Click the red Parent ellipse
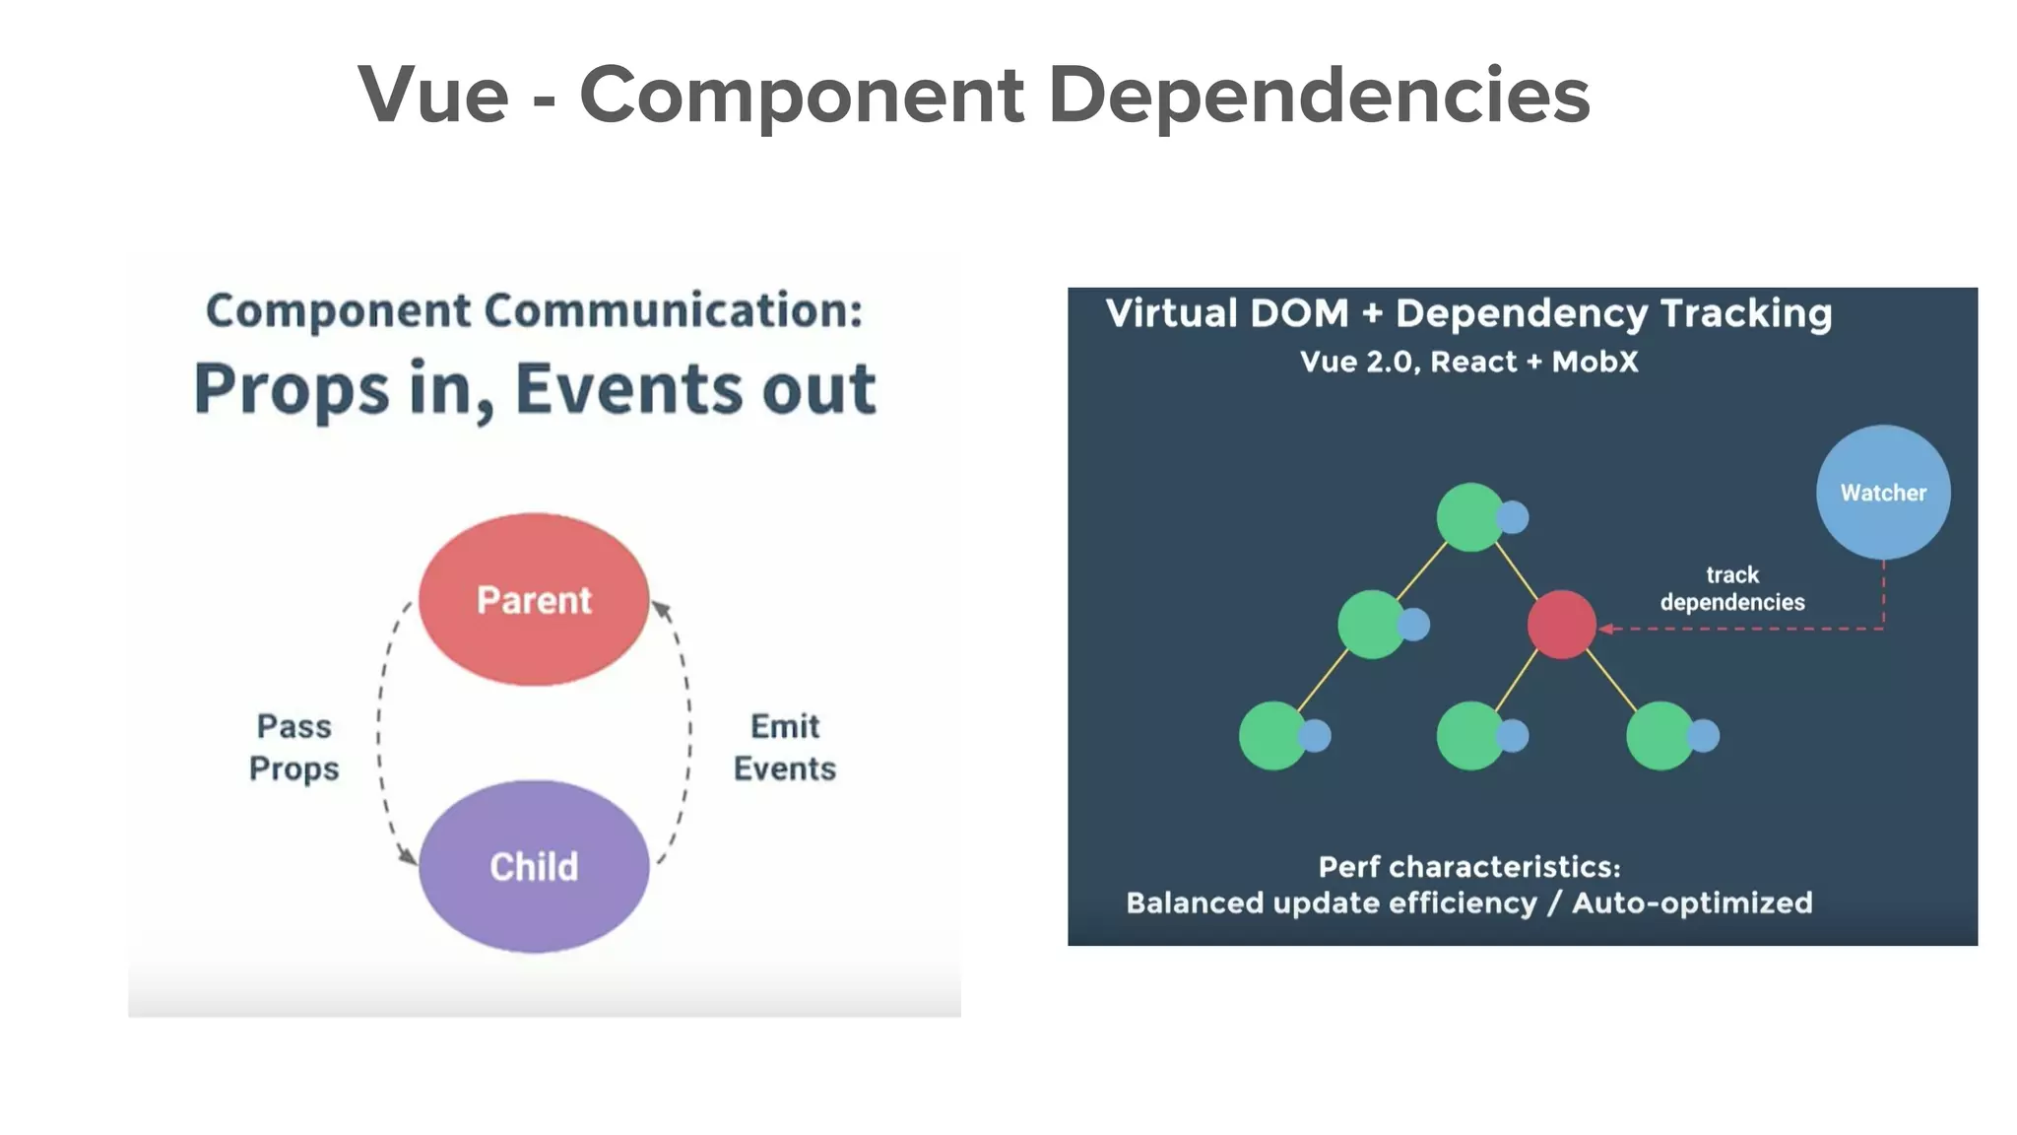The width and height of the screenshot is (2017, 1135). [x=533, y=599]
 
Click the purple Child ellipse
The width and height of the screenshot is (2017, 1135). [x=533, y=866]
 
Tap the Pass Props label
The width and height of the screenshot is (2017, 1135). [x=293, y=747]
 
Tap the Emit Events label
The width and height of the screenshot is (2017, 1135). [x=784, y=747]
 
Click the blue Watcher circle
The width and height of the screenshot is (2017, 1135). [x=1882, y=492]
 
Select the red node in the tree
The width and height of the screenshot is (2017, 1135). [x=1561, y=625]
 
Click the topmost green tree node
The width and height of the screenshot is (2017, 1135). [x=1469, y=516]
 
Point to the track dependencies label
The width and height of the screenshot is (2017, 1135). [x=1731, y=588]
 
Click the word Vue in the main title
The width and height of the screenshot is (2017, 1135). [x=433, y=96]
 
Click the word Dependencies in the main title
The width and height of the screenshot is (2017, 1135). [x=1319, y=96]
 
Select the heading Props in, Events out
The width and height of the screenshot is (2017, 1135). [x=534, y=388]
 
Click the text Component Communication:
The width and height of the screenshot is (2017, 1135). [x=534, y=310]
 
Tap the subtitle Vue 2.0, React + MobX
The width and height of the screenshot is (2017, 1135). [x=1468, y=362]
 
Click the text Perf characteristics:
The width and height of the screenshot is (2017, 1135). [x=1468, y=867]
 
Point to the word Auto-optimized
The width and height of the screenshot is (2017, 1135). [x=1691, y=902]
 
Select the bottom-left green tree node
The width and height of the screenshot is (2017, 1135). [x=1271, y=735]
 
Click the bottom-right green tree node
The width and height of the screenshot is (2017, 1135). [x=1659, y=735]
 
